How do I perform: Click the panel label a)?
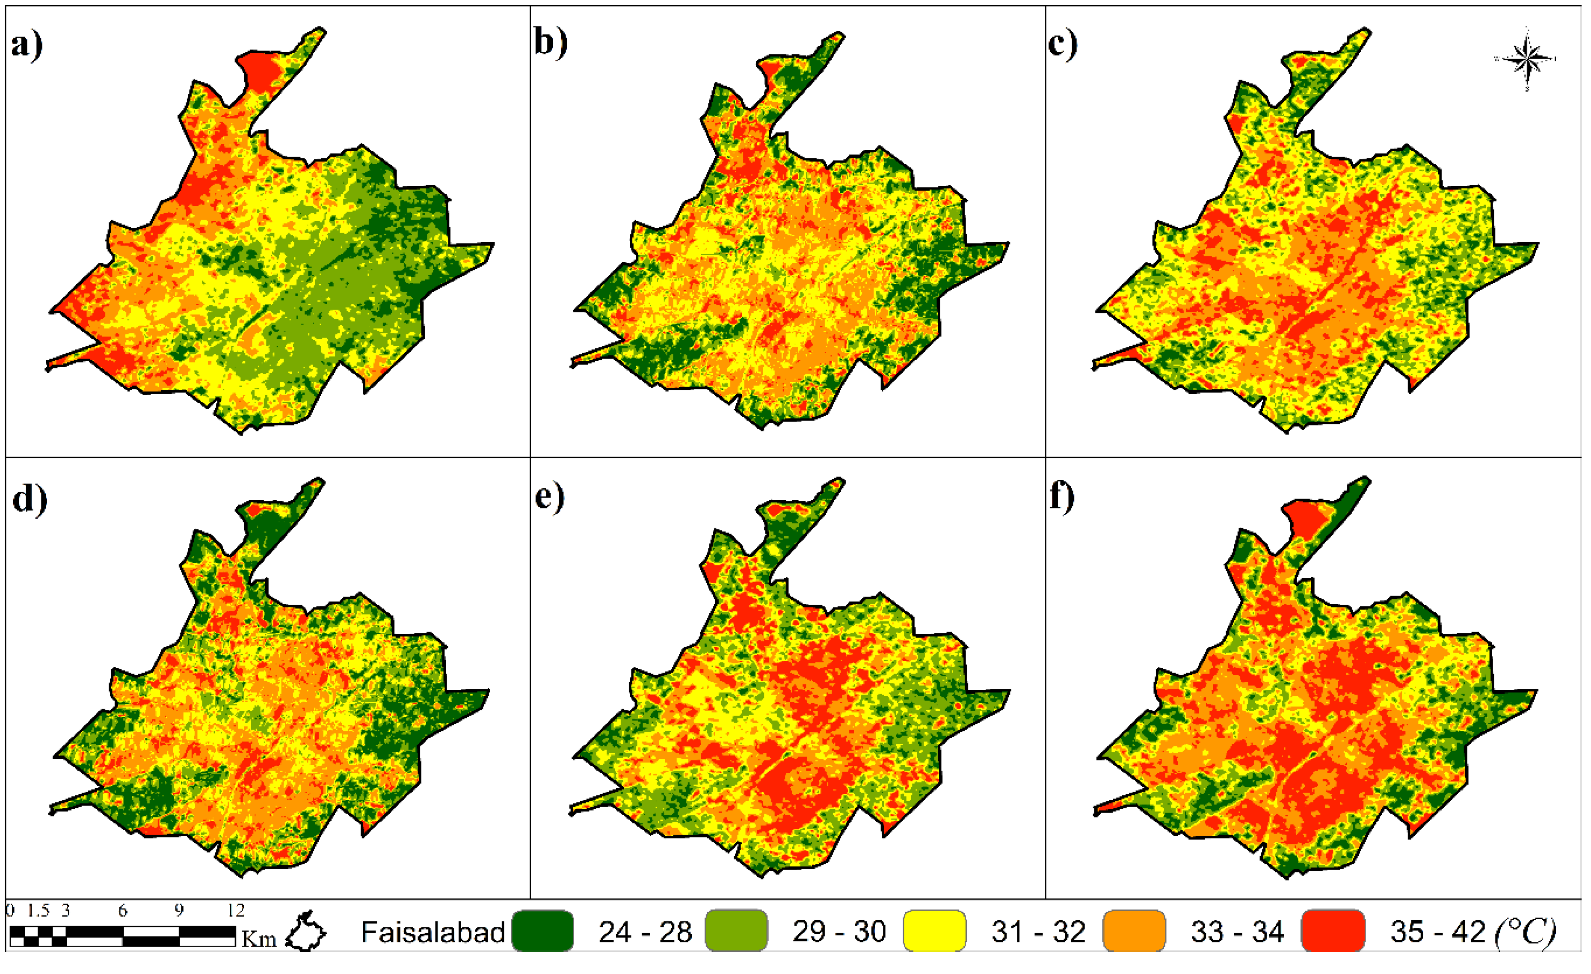tap(27, 45)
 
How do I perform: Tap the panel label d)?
tap(29, 498)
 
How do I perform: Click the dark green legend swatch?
tap(542, 931)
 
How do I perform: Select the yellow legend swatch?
tap(934, 931)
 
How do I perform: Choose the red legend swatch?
tap(1333, 931)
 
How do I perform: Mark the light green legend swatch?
tap(736, 931)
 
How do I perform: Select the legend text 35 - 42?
tap(1437, 932)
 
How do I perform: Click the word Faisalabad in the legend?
tap(433, 932)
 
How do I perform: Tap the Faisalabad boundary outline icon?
tap(306, 932)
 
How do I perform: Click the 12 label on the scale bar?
tap(236, 911)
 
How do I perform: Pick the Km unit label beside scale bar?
tap(259, 938)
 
